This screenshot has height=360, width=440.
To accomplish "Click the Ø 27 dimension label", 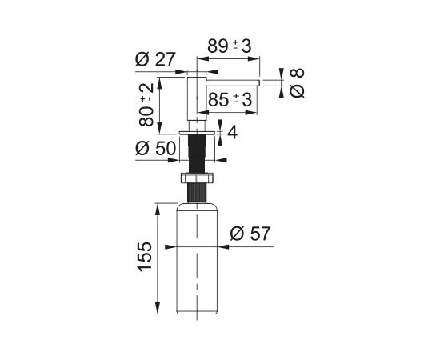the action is [155, 59].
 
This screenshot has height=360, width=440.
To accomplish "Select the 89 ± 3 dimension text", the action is [230, 46].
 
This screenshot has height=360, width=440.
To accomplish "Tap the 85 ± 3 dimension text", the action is [230, 100].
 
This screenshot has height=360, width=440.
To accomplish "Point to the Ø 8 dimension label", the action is [297, 83].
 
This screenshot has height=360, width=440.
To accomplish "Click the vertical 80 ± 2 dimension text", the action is [146, 105].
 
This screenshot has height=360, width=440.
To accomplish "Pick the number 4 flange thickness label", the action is [232, 133].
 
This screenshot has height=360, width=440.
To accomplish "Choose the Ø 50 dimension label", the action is [155, 148].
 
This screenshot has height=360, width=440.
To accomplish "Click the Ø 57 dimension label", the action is [250, 234].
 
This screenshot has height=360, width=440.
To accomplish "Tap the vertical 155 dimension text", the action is [145, 257].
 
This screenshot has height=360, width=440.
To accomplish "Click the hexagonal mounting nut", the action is [197, 178].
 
